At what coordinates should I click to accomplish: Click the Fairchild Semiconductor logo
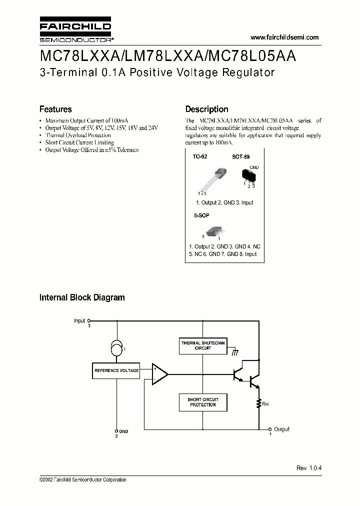(75, 31)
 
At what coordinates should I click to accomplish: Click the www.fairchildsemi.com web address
(284, 37)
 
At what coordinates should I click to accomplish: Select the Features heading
(55, 109)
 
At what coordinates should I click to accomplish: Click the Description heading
(206, 109)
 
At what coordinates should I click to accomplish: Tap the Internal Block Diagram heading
(82, 297)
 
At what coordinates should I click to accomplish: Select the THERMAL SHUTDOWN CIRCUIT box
(202, 345)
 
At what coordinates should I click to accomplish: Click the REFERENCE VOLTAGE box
(116, 370)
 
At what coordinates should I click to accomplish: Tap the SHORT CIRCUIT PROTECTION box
(202, 401)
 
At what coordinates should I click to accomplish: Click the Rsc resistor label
(265, 403)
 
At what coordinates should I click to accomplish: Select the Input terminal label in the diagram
(79, 320)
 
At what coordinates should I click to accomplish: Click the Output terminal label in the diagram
(282, 429)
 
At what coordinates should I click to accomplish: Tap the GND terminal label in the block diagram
(123, 431)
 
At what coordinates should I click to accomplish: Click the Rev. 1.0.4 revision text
(309, 467)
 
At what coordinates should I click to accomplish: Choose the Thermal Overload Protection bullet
(78, 135)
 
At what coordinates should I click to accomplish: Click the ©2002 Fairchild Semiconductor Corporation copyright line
(83, 479)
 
